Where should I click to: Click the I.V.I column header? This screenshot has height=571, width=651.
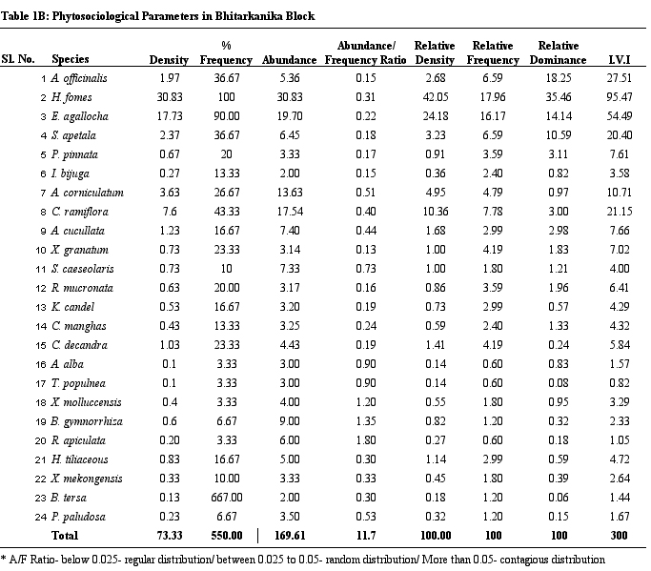(619, 60)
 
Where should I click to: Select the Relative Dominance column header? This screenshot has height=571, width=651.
(558, 52)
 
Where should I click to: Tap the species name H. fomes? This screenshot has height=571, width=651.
(71, 97)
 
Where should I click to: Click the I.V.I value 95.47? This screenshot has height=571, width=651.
(619, 97)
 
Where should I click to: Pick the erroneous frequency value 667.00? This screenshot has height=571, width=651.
(226, 497)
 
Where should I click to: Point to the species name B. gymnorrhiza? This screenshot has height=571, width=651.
(87, 421)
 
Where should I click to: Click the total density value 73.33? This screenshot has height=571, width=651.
(170, 536)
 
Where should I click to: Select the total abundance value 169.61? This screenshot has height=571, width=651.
(290, 536)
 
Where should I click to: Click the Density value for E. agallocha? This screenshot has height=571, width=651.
(170, 116)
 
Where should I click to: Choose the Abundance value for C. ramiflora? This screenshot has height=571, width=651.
(290, 212)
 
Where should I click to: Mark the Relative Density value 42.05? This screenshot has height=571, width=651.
(436, 97)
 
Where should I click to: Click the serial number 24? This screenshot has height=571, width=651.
(41, 517)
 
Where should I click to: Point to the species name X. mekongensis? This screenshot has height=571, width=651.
(87, 479)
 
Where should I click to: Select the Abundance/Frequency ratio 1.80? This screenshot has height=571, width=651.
(366, 439)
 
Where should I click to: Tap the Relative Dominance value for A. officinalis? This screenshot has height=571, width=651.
(558, 78)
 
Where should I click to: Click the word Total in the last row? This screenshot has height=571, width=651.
(65, 536)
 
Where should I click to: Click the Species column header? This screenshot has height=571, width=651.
(71, 59)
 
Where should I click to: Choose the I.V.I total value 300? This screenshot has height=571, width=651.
(619, 536)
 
